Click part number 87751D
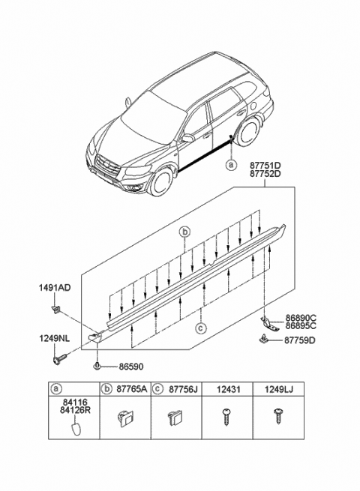pos(265,166)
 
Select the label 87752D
pos(265,173)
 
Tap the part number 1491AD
pos(55,287)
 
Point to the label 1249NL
pos(55,338)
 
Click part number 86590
pos(130,367)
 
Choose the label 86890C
pos(301,318)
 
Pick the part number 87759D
pos(300,340)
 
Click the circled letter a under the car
pos(231,165)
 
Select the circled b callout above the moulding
pos(184,232)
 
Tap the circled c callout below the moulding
pos(200,328)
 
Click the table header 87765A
pos(131,389)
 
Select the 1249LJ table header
pos(278,389)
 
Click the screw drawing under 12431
pos(226,417)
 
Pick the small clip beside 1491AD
pos(55,310)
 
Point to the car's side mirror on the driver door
pos(187,138)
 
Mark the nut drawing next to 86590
pos(97,366)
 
